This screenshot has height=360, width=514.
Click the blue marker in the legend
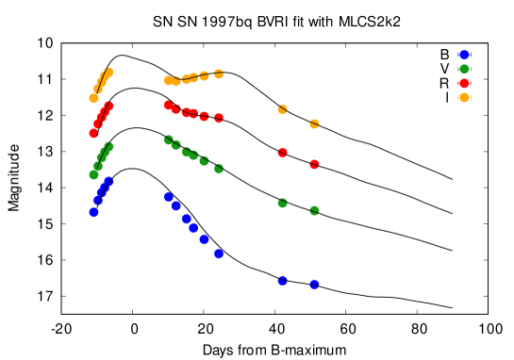464,55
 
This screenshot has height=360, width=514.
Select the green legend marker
464,69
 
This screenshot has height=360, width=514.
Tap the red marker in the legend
464,83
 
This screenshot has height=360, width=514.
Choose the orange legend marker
464,97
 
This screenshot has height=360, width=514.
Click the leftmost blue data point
93,212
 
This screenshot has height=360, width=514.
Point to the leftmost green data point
93,174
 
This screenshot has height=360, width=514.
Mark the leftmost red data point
93,133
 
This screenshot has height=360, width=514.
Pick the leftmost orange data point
93,98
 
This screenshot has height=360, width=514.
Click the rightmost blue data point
314,284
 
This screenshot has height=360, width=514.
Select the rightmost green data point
314,210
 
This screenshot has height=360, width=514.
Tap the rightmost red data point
314,164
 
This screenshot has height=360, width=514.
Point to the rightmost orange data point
314,123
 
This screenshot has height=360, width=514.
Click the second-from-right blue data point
282,280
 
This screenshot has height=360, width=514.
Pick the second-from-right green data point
282,203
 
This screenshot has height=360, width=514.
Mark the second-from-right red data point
282,153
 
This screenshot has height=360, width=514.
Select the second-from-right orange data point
282,109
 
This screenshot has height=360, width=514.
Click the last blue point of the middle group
219,254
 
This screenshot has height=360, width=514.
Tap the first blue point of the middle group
168,197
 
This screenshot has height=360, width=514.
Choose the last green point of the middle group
219,168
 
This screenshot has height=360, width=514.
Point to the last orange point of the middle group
219,74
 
